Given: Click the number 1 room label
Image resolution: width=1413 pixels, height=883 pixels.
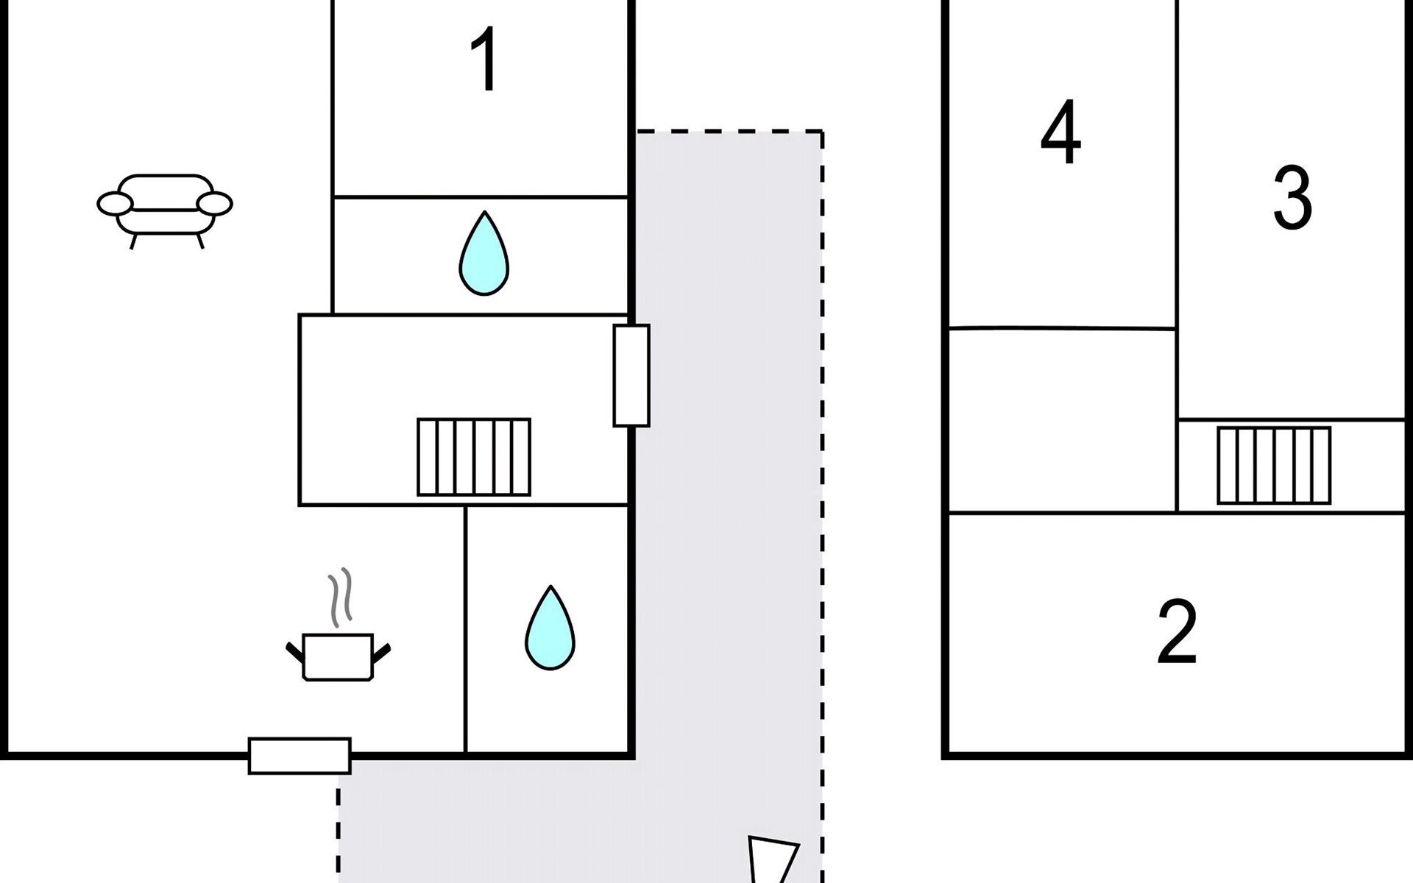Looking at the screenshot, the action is point(485,60).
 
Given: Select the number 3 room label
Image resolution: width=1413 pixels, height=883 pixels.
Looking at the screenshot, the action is point(1292,197).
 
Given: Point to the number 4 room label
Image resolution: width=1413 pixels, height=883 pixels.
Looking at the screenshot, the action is point(1060,132).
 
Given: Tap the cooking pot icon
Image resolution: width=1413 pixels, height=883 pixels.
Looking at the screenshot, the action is point(338,656).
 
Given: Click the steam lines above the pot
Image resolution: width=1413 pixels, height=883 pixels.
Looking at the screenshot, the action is point(340,597).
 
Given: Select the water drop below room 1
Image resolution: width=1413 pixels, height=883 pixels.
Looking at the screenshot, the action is point(484,253).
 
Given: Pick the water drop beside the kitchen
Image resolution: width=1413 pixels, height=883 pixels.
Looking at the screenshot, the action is point(550,627).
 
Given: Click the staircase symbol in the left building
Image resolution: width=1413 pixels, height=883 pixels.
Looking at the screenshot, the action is point(474,457).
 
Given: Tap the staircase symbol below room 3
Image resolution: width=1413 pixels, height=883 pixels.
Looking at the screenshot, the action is point(1274,466).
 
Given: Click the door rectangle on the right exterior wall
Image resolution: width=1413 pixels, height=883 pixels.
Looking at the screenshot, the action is point(631,375).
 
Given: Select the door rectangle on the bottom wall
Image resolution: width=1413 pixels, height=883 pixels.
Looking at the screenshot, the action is point(300,756).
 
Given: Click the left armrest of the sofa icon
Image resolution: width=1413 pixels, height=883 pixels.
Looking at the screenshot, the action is point(116,204).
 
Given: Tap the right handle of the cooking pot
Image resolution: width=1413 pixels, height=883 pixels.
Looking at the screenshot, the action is point(382,653).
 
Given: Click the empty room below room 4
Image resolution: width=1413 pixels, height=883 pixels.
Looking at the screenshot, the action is point(1062,420).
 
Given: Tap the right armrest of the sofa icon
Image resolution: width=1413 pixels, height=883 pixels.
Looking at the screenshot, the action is point(214,204).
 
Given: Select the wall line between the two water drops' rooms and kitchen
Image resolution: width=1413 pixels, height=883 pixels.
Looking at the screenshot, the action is point(465,630).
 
